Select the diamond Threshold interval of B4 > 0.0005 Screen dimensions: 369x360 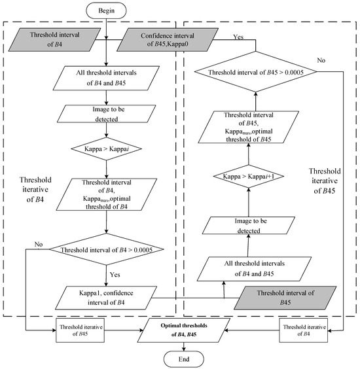point(107,248)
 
